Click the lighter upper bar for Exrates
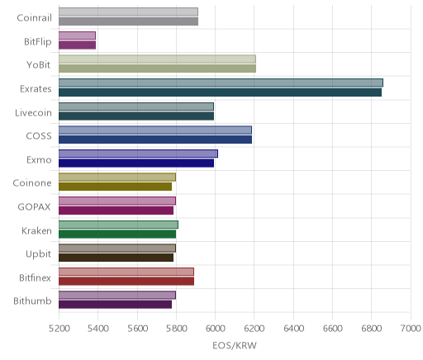pos(221,83)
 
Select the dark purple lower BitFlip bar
pos(78,45)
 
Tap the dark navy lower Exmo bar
pos(136,163)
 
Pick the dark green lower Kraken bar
pos(117,234)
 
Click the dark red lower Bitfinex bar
pos(126,281)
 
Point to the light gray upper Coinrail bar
pos(128,12)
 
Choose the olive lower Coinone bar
pos(115,187)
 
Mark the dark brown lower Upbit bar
pos(116,258)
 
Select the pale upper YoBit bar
pos(157,59)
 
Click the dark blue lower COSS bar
pos(155,140)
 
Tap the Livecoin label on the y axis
pos(33,113)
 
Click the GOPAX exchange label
pos(35,206)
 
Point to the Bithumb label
pos(32,301)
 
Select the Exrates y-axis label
pos(36,89)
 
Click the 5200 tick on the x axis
pos(59,329)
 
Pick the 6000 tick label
pos(216,329)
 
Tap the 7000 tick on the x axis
pos(411,329)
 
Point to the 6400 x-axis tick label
pos(293,329)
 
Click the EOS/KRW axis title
pos(235,345)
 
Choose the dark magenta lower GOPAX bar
pos(116,211)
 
